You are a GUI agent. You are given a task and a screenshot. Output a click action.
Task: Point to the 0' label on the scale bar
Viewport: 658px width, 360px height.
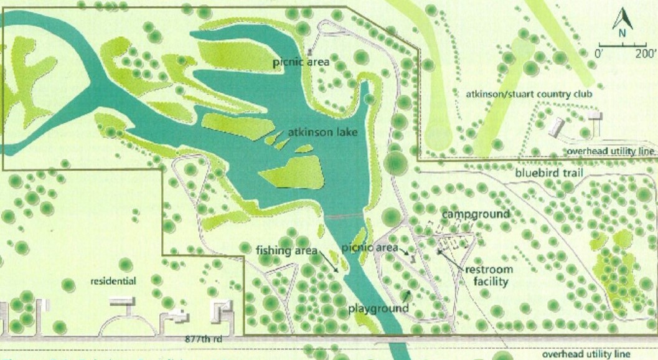(x=601, y=54)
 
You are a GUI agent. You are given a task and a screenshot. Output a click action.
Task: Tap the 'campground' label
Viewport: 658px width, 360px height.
(x=476, y=214)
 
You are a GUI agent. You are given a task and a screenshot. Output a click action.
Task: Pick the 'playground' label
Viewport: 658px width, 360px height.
(x=378, y=308)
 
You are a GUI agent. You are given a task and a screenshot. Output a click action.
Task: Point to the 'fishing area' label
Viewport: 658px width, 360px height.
(x=283, y=251)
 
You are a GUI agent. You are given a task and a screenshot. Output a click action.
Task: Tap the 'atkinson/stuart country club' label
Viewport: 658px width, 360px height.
(x=529, y=94)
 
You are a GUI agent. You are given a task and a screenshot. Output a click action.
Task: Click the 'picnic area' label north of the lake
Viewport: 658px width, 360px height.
(x=304, y=62)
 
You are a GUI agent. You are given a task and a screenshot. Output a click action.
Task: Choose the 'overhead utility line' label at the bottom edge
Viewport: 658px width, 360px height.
(x=586, y=353)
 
